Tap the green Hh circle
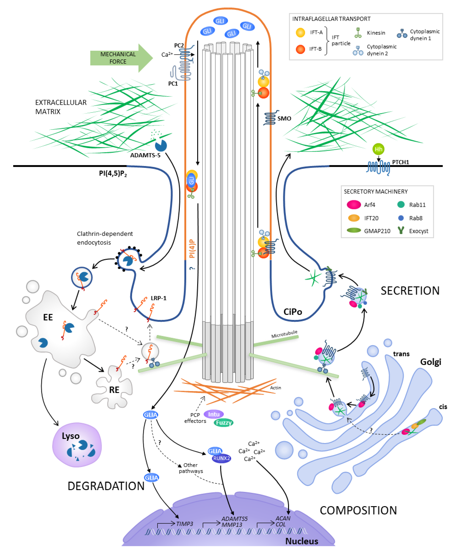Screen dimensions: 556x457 click(x=378, y=149)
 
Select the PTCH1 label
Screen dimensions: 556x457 click(x=400, y=162)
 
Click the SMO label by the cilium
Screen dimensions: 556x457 click(x=284, y=119)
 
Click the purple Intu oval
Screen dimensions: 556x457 click(x=214, y=414)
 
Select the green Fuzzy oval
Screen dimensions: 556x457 click(x=224, y=423)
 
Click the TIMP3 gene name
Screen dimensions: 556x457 click(x=185, y=524)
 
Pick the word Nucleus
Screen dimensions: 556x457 click(x=302, y=541)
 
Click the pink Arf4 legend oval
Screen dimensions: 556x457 click(x=353, y=205)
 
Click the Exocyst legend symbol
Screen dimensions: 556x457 click(x=401, y=231)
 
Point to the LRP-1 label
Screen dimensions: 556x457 click(x=158, y=298)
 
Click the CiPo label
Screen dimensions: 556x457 click(x=292, y=312)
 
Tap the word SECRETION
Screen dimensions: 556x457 click(x=410, y=291)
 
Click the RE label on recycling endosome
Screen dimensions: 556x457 click(x=114, y=390)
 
